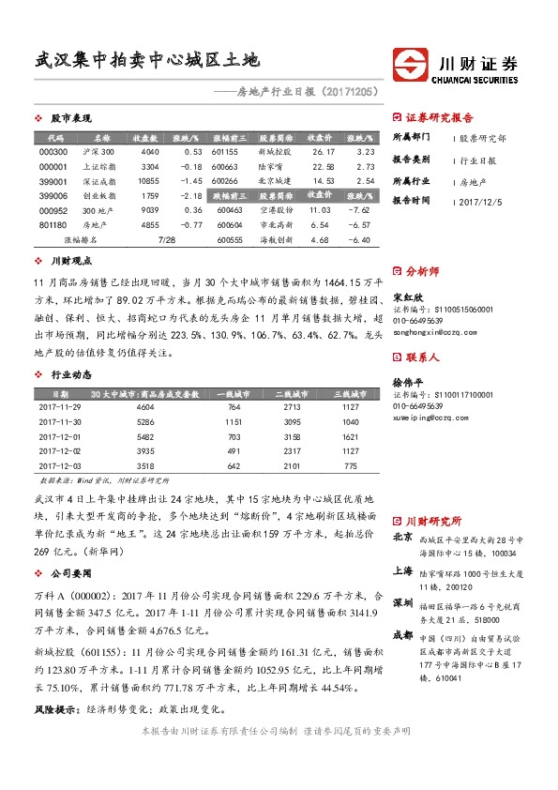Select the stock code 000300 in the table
[54, 152]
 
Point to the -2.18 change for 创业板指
[190, 195]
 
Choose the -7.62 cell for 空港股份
[359, 210]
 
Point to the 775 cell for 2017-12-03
[350, 465]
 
